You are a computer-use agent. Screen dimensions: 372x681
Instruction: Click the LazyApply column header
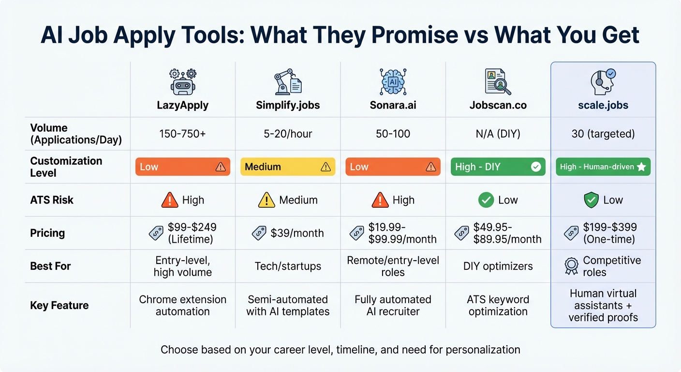[182, 105]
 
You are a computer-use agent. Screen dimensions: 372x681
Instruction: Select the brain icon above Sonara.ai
[393, 81]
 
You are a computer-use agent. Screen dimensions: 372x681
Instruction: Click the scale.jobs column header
[603, 105]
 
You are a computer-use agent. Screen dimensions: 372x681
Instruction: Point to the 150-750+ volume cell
[182, 134]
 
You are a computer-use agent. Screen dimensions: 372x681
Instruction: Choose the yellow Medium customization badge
[288, 167]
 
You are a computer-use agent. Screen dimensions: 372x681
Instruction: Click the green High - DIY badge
[498, 167]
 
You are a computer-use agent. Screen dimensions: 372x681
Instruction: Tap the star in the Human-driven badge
[641, 167]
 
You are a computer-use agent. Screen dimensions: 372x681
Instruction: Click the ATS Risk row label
[52, 200]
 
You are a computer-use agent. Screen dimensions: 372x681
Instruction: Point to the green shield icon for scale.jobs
[591, 200]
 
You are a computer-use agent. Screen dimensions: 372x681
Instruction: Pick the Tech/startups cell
[288, 266]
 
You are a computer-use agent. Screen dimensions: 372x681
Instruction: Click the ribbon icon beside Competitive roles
[571, 266]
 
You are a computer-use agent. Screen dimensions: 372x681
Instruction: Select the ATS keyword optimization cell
[498, 305]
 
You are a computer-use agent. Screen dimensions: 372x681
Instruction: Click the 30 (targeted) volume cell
[603, 134]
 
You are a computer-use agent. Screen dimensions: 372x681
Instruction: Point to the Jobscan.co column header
[498, 105]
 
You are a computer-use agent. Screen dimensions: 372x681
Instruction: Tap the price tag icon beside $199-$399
[571, 233]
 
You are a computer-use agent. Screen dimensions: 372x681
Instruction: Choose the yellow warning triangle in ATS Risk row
[266, 200]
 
